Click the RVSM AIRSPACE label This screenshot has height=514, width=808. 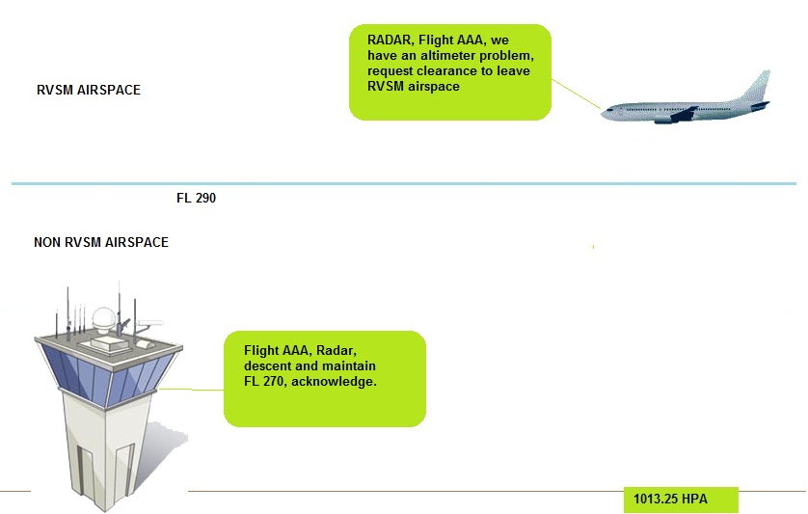click(x=88, y=90)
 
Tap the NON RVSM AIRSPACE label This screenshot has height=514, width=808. click(x=100, y=242)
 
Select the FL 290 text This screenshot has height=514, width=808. click(x=196, y=198)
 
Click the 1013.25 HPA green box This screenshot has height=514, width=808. click(x=681, y=500)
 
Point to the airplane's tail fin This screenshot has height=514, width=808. click(x=759, y=86)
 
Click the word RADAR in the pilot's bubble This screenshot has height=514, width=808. click(x=390, y=41)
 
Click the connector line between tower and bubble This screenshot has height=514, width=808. click(x=193, y=390)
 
